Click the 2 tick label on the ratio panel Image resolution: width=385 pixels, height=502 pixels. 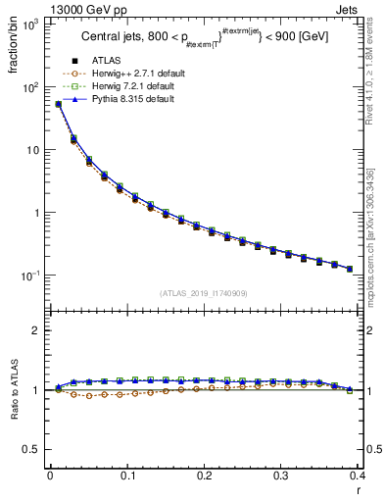[38, 331]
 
